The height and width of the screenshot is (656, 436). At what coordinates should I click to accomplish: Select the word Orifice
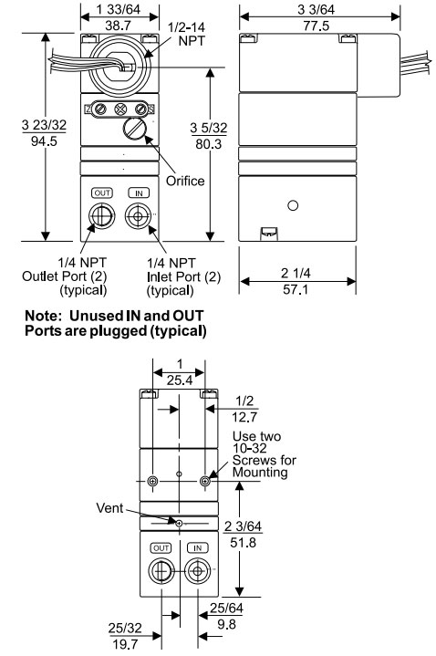click(185, 181)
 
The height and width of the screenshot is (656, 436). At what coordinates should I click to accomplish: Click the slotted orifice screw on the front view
click(137, 130)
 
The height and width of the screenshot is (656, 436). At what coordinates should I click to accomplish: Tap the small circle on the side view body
click(292, 206)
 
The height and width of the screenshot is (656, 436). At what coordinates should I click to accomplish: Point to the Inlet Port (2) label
click(183, 276)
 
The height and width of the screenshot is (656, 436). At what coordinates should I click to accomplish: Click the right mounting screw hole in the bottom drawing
click(208, 480)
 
